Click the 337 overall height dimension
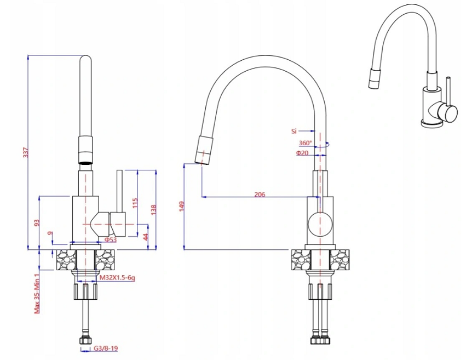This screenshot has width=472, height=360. [26, 152]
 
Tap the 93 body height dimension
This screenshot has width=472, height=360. [37, 223]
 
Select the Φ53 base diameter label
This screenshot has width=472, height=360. [111, 240]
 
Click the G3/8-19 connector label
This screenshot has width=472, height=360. [106, 348]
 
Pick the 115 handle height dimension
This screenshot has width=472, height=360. [135, 203]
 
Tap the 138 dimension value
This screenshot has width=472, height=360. [153, 210]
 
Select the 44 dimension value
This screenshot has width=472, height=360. [146, 237]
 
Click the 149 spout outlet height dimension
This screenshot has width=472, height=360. [181, 207]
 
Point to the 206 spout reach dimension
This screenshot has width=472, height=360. [260, 195]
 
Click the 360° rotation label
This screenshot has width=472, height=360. [306, 143]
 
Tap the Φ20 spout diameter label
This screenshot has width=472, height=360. [302, 153]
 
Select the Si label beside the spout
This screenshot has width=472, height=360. [294, 131]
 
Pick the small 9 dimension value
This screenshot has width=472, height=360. [50, 233]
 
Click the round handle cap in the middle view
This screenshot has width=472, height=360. [320, 224]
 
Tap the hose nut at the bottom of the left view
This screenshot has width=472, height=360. [85, 340]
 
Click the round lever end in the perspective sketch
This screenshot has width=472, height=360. [447, 112]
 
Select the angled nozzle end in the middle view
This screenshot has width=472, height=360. [203, 150]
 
